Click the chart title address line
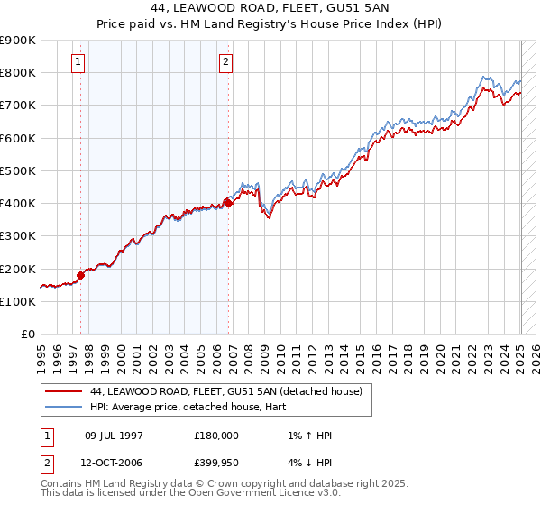tap(270, 11)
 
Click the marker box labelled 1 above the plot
tap(78, 62)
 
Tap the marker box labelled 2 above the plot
tap(225, 62)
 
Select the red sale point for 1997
tap(80, 275)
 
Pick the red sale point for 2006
tap(228, 203)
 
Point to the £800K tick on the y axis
tap(20, 72)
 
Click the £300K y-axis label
tap(20, 235)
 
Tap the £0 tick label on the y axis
tap(27, 334)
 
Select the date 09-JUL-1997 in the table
tap(114, 436)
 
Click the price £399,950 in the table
tap(216, 463)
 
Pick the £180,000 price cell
tap(216, 436)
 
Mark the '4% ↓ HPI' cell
tap(307, 463)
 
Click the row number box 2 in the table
tap(45, 463)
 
